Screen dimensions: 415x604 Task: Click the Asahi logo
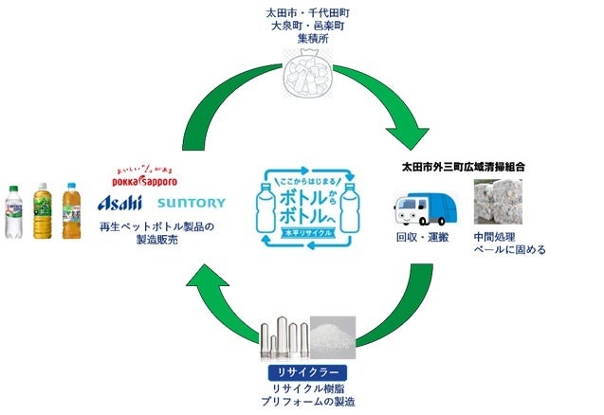[x=120, y=202]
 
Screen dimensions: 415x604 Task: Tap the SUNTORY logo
[x=192, y=203]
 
